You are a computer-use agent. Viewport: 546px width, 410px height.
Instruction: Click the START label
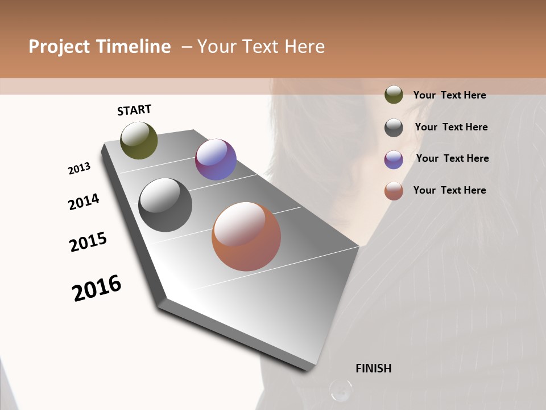[134, 110]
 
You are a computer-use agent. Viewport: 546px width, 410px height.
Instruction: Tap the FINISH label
[374, 368]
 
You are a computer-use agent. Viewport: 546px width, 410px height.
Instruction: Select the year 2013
[80, 169]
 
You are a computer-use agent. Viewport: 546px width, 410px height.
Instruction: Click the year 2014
[84, 202]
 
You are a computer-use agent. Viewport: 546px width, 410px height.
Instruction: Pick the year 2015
[88, 242]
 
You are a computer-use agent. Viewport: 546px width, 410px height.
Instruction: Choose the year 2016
[97, 288]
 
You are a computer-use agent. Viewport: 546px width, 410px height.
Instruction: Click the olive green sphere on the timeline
[139, 141]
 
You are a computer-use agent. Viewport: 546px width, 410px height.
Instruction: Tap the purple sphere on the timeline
[216, 159]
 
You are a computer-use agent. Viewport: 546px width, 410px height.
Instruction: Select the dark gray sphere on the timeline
[165, 205]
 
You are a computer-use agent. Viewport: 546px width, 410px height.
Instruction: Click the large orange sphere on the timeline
[246, 236]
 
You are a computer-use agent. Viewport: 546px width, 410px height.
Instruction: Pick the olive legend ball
[394, 95]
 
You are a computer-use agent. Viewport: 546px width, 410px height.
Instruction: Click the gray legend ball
[394, 128]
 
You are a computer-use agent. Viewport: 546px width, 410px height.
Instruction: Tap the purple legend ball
[394, 159]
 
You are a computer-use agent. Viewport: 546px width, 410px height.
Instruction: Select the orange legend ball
[394, 191]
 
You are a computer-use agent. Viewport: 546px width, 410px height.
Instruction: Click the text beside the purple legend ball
[452, 158]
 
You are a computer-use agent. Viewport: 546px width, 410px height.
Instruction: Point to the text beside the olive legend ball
[449, 95]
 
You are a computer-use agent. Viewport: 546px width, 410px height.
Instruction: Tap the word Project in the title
[60, 47]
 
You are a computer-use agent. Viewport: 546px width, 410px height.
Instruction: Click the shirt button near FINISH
[341, 390]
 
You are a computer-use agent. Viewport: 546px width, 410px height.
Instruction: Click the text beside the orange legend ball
[449, 190]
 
